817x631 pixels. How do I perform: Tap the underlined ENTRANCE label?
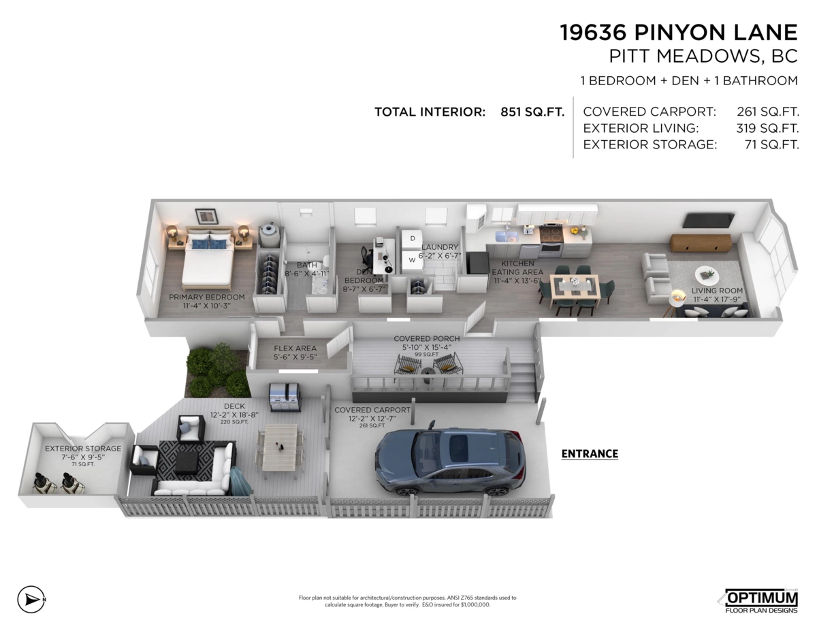[590, 453]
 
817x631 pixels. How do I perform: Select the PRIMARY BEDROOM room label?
[206, 297]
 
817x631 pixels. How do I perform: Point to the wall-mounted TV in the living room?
[709, 221]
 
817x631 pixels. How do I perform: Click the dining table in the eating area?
[575, 290]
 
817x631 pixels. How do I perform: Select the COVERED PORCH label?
[427, 338]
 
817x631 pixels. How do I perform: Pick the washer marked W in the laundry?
[412, 260]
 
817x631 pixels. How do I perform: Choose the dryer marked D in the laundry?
[411, 238]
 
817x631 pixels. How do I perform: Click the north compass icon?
[29, 600]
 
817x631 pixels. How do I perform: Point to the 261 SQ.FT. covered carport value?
[767, 112]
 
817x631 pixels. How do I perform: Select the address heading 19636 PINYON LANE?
[678, 33]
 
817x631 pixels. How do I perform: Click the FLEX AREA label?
[295, 349]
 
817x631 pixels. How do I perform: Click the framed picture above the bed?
[206, 216]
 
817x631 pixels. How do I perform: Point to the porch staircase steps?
[523, 381]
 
